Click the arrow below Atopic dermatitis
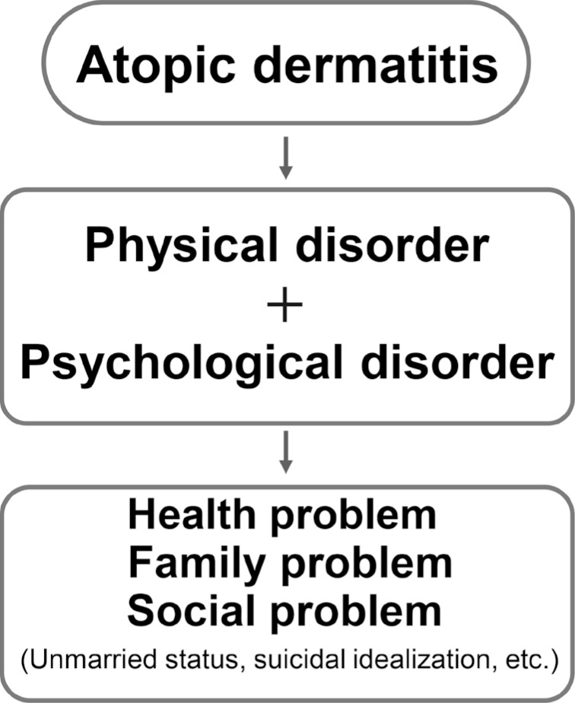point(286,158)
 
